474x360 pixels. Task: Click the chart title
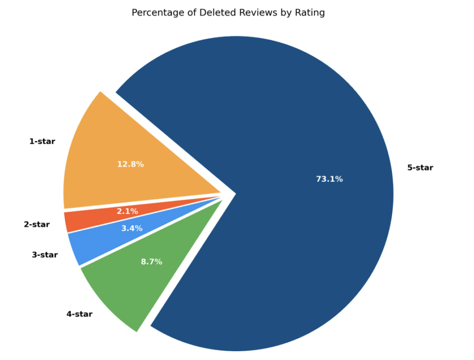[228, 13]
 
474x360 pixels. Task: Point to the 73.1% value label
[329, 179]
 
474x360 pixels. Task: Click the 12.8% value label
[130, 164]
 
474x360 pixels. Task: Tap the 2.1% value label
[127, 211]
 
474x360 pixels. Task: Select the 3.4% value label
[132, 228]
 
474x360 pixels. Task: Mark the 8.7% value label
[151, 262]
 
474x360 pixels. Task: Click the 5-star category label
[420, 168]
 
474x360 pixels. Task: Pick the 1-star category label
[42, 141]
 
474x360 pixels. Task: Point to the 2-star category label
[37, 225]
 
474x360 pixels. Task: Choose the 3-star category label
[45, 254]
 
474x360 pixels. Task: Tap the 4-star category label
[79, 314]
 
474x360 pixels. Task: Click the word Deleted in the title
[217, 13]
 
